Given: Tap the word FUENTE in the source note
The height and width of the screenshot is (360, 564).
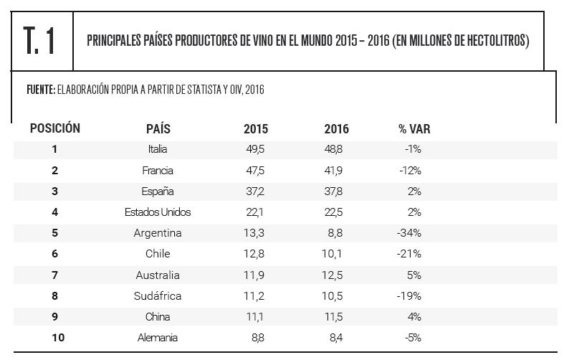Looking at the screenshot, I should pyautogui.click(x=40, y=90).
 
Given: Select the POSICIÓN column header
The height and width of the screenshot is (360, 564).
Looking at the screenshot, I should pyautogui.click(x=54, y=128).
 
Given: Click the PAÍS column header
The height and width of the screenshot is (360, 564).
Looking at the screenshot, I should pyautogui.click(x=158, y=129).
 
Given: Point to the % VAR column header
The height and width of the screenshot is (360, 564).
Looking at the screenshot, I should pyautogui.click(x=414, y=129).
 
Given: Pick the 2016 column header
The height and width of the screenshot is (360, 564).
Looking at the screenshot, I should pyautogui.click(x=336, y=129).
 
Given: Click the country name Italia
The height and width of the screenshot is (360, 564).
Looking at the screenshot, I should pyautogui.click(x=158, y=149).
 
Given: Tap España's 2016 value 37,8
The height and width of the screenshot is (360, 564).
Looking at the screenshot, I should pyautogui.click(x=335, y=191).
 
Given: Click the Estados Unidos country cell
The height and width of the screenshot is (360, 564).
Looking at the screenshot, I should pyautogui.click(x=158, y=212).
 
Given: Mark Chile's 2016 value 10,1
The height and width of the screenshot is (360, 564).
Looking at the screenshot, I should pyautogui.click(x=335, y=254).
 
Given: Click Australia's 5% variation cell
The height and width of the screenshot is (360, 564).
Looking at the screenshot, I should pyautogui.click(x=414, y=275).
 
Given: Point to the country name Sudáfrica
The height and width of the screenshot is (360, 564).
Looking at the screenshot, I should pyautogui.click(x=158, y=295).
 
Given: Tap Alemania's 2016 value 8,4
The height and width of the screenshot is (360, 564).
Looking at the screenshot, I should pyautogui.click(x=335, y=337).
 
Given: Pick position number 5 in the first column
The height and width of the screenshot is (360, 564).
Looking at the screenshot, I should pyautogui.click(x=54, y=233).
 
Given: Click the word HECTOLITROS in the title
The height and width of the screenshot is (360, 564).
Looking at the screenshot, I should pyautogui.click(x=487, y=41).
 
